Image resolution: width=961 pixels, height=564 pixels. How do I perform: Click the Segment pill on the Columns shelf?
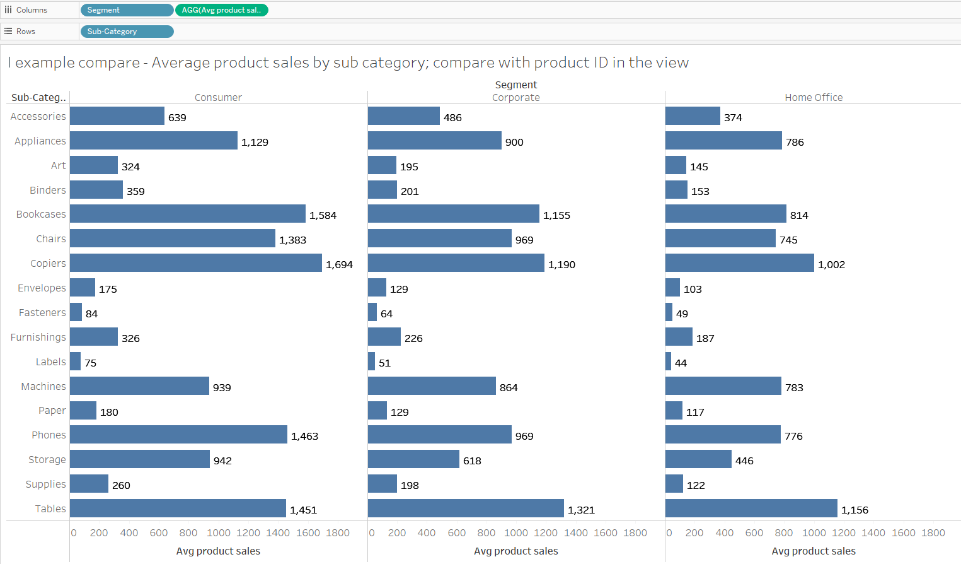pyautogui.click(x=126, y=10)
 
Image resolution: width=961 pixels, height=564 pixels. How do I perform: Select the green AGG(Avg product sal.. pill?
pyautogui.click(x=221, y=10)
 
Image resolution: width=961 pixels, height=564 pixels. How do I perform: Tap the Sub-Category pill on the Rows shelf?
pyautogui.click(x=126, y=32)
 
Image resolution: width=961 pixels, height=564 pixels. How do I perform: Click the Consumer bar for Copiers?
pyautogui.click(x=195, y=263)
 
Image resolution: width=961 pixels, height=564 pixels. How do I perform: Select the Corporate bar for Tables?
pyautogui.click(x=466, y=508)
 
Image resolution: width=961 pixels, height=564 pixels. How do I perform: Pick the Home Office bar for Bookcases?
pyautogui.click(x=725, y=214)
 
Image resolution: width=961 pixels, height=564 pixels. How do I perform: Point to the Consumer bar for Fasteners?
pyautogui.click(x=76, y=312)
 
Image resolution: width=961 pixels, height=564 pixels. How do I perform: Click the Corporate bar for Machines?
pyautogui.click(x=432, y=386)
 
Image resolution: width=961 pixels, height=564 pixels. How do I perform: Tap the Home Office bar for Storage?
pyautogui.click(x=698, y=459)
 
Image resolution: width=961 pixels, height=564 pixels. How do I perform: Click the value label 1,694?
pyautogui.click(x=339, y=265)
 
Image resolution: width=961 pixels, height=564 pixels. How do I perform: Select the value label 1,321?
pyautogui.click(x=581, y=510)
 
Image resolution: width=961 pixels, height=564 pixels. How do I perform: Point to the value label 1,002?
pyautogui.click(x=831, y=265)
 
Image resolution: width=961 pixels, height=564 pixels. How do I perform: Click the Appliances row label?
pyautogui.click(x=40, y=141)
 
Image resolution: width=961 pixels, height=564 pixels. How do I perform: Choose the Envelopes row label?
pyautogui.click(x=42, y=288)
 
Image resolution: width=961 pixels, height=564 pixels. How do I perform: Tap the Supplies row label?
pyautogui.click(x=45, y=485)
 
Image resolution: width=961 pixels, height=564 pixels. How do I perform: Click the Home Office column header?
pyautogui.click(x=814, y=98)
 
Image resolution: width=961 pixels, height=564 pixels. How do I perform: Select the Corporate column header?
pyautogui.click(x=515, y=98)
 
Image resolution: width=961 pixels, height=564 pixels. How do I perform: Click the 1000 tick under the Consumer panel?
pyautogui.click(x=219, y=533)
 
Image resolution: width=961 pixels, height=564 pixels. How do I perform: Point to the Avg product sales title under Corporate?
pyautogui.click(x=515, y=551)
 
